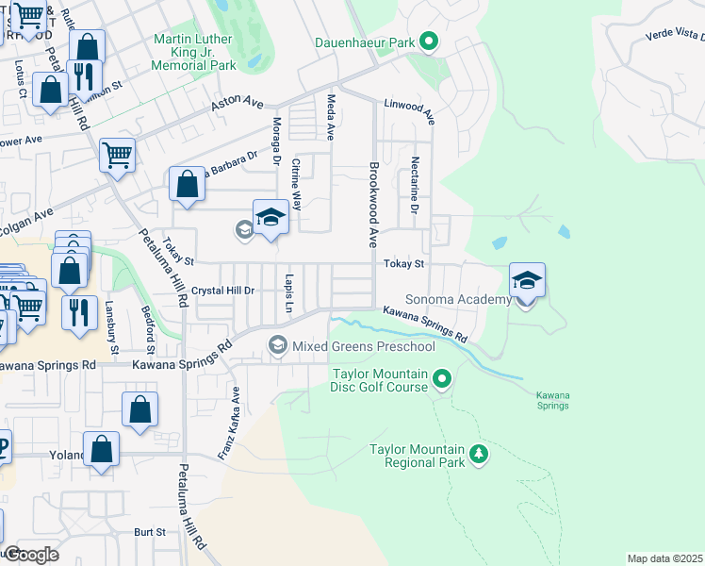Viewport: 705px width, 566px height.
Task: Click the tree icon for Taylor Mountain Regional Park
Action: pyautogui.click(x=479, y=455)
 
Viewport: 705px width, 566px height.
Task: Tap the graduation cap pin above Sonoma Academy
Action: pyautogui.click(x=527, y=280)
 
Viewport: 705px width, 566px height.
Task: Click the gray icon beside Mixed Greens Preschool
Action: pyautogui.click(x=277, y=345)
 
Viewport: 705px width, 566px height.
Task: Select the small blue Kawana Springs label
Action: pyautogui.click(x=552, y=399)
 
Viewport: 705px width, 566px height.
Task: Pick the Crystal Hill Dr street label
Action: pyautogui.click(x=223, y=291)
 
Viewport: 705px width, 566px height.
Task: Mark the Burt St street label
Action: pyautogui.click(x=149, y=532)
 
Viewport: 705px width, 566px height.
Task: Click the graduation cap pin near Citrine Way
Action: pyautogui.click(x=271, y=217)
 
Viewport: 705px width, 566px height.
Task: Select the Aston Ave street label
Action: pyautogui.click(x=238, y=104)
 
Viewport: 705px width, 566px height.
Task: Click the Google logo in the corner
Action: pyautogui.click(x=30, y=555)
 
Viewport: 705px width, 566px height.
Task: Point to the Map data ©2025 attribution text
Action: pyautogui.click(x=664, y=558)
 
